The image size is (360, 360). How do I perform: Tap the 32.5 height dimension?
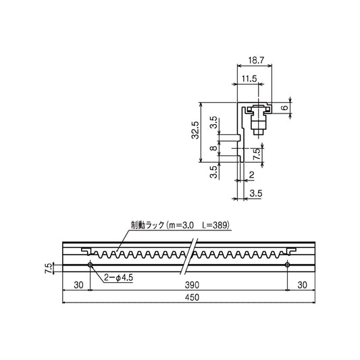195,130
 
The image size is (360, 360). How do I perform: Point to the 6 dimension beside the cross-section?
285,107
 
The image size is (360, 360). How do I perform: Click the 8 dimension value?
213,148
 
